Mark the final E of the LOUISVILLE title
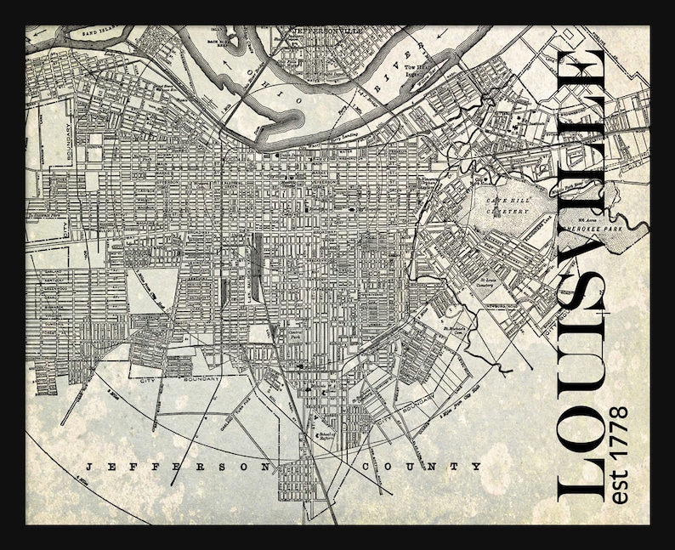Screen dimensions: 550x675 (581, 72)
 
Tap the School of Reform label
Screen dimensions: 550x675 (326, 436)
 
